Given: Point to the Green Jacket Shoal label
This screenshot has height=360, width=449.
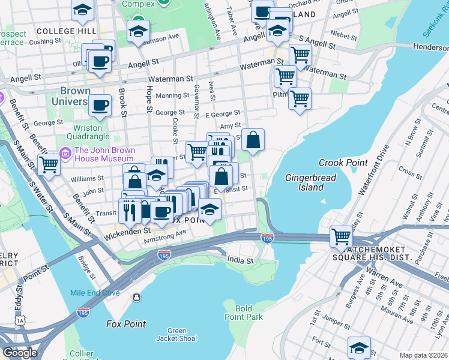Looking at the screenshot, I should [176, 335].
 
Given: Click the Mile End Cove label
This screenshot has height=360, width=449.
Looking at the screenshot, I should [94, 293].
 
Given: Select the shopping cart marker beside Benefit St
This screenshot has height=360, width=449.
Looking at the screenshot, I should [49, 164].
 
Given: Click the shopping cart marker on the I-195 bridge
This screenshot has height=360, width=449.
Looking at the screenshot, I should [341, 235].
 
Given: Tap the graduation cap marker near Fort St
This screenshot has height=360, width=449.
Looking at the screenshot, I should [359, 347].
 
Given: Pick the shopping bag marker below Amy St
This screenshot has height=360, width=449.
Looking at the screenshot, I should [253, 140].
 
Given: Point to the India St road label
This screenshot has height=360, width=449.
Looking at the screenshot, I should [241, 260].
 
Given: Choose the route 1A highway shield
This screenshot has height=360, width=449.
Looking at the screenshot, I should [22, 321].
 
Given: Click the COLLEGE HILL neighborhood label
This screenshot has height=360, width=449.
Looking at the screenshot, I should [63, 31].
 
